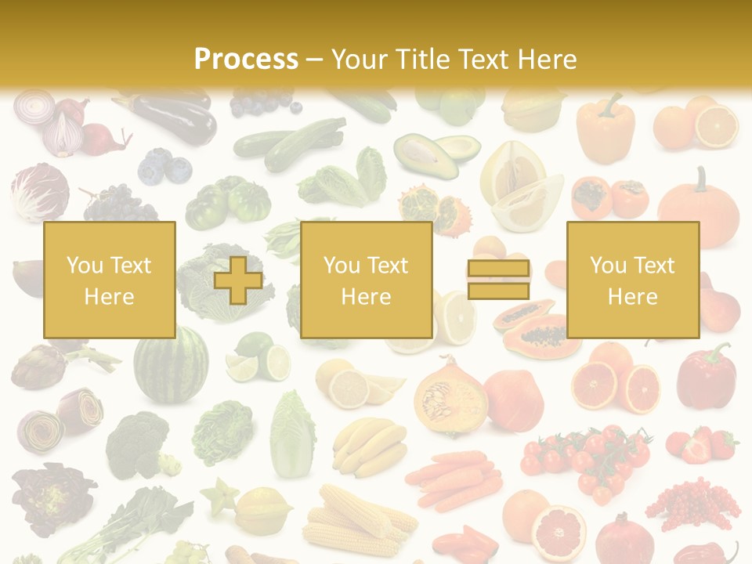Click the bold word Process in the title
click(246, 59)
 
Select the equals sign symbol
click(498, 280)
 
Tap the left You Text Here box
click(109, 280)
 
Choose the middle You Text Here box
click(366, 280)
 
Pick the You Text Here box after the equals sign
click(632, 280)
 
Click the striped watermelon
click(171, 365)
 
